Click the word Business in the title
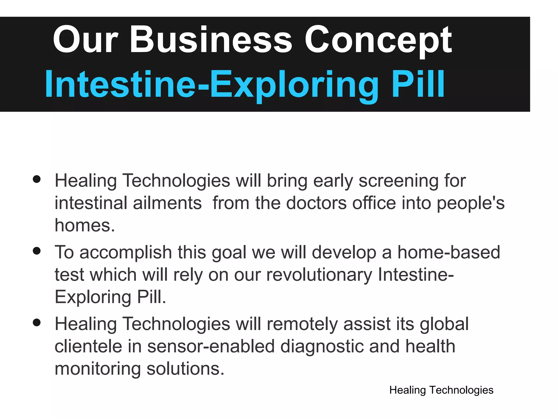pos(211,40)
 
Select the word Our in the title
pos(86,40)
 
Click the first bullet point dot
pos(37,179)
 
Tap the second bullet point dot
pos(37,251)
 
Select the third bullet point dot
pos(37,323)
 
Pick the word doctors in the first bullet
pos(316,203)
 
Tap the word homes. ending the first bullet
pos(85,226)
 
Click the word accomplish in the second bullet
pos(126,252)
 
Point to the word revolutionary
pos(319,275)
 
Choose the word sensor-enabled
pos(211,346)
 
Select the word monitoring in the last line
pos(98,369)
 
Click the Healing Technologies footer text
pos(441,390)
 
